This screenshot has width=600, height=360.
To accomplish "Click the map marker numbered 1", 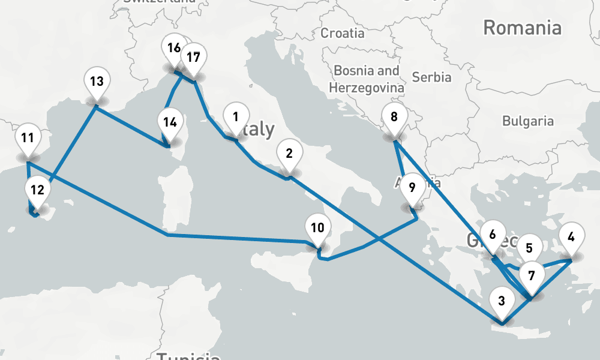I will [236, 118].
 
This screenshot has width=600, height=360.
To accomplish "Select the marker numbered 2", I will [289, 154].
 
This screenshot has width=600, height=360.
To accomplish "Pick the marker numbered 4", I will [571, 236].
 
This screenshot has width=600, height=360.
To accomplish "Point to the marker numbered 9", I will [412, 187].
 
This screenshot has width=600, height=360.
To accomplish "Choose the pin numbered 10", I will [317, 228].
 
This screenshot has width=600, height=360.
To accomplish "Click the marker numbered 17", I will [193, 58].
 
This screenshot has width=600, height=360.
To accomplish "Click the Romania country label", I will [522, 28].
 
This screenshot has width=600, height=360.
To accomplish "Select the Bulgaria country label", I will [528, 121].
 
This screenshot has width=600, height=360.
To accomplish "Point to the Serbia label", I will [432, 77].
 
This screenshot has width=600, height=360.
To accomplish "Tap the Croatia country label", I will [342, 33].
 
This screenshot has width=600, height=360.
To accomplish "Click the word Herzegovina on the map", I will [366, 88].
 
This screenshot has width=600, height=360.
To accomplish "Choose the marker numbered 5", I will [529, 248].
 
